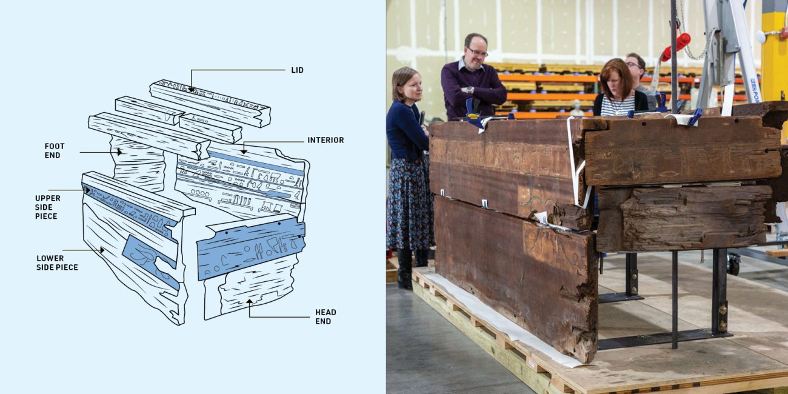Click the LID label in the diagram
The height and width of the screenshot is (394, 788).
click(x=297, y=70)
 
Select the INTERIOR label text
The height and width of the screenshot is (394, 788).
click(x=326, y=140)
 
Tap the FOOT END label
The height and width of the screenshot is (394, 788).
click(x=54, y=151)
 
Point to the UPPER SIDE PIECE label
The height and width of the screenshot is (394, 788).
click(x=47, y=207)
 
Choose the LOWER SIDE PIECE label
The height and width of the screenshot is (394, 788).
click(x=57, y=262)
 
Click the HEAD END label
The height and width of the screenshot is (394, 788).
click(x=326, y=316)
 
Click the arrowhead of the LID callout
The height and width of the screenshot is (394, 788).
click(x=192, y=90)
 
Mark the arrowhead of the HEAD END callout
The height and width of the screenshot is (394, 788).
click(x=249, y=301)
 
